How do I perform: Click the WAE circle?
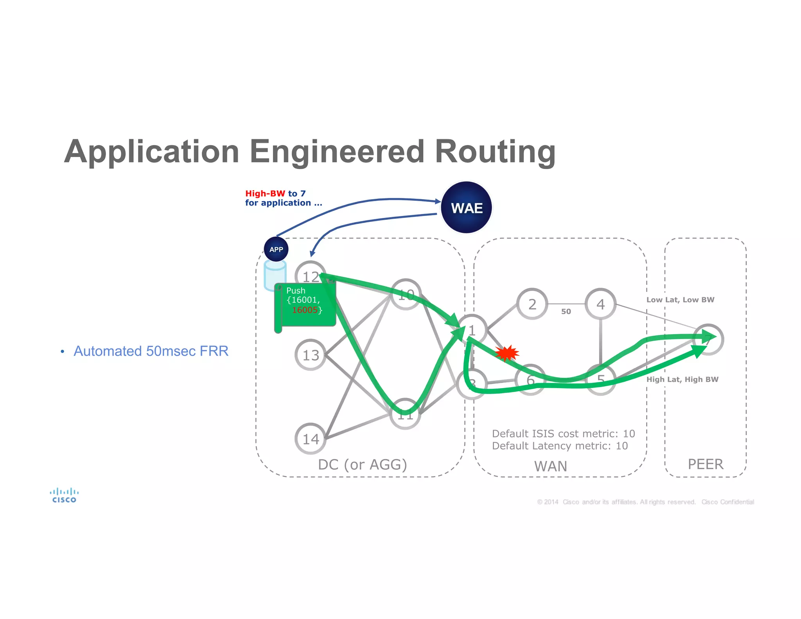click(x=466, y=207)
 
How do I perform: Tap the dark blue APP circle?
click(x=276, y=249)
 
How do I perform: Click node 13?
click(x=311, y=355)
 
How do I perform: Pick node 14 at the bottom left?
click(x=311, y=439)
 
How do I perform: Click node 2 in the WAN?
click(x=532, y=304)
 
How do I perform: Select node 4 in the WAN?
click(x=600, y=304)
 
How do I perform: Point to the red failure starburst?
click(x=507, y=353)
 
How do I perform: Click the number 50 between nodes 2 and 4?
click(x=566, y=311)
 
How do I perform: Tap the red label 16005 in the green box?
click(x=305, y=310)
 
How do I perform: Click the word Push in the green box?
click(x=296, y=291)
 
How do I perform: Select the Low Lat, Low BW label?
click(x=680, y=300)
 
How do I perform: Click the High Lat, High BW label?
click(x=682, y=379)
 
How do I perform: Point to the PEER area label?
click(x=706, y=464)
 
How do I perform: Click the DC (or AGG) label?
click(x=362, y=464)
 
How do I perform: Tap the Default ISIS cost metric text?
click(x=563, y=434)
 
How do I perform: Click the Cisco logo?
click(x=64, y=495)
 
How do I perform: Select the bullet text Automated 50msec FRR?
click(x=151, y=351)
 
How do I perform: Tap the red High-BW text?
click(x=265, y=193)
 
